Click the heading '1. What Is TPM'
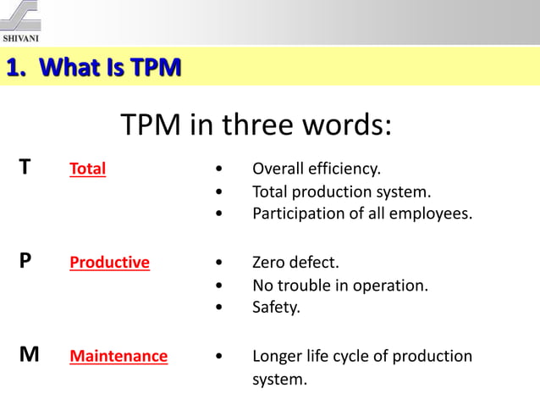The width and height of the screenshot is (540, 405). pos(94,67)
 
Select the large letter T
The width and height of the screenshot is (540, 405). pos(26,168)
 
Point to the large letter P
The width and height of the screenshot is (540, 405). pos(26,262)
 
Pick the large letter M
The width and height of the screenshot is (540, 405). pos(29,356)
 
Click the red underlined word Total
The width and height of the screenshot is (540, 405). pos(87,169)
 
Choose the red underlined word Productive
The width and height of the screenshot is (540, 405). pos(109,263)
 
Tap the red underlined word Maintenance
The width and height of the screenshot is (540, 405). pos(118,357)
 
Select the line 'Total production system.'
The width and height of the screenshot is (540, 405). pos(342,191)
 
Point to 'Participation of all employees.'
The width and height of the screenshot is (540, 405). pos(362,214)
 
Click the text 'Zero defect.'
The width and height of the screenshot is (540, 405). pos(295,263)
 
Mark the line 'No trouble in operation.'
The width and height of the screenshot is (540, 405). pos(340,286)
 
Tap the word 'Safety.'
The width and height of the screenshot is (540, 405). pos(276,308)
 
